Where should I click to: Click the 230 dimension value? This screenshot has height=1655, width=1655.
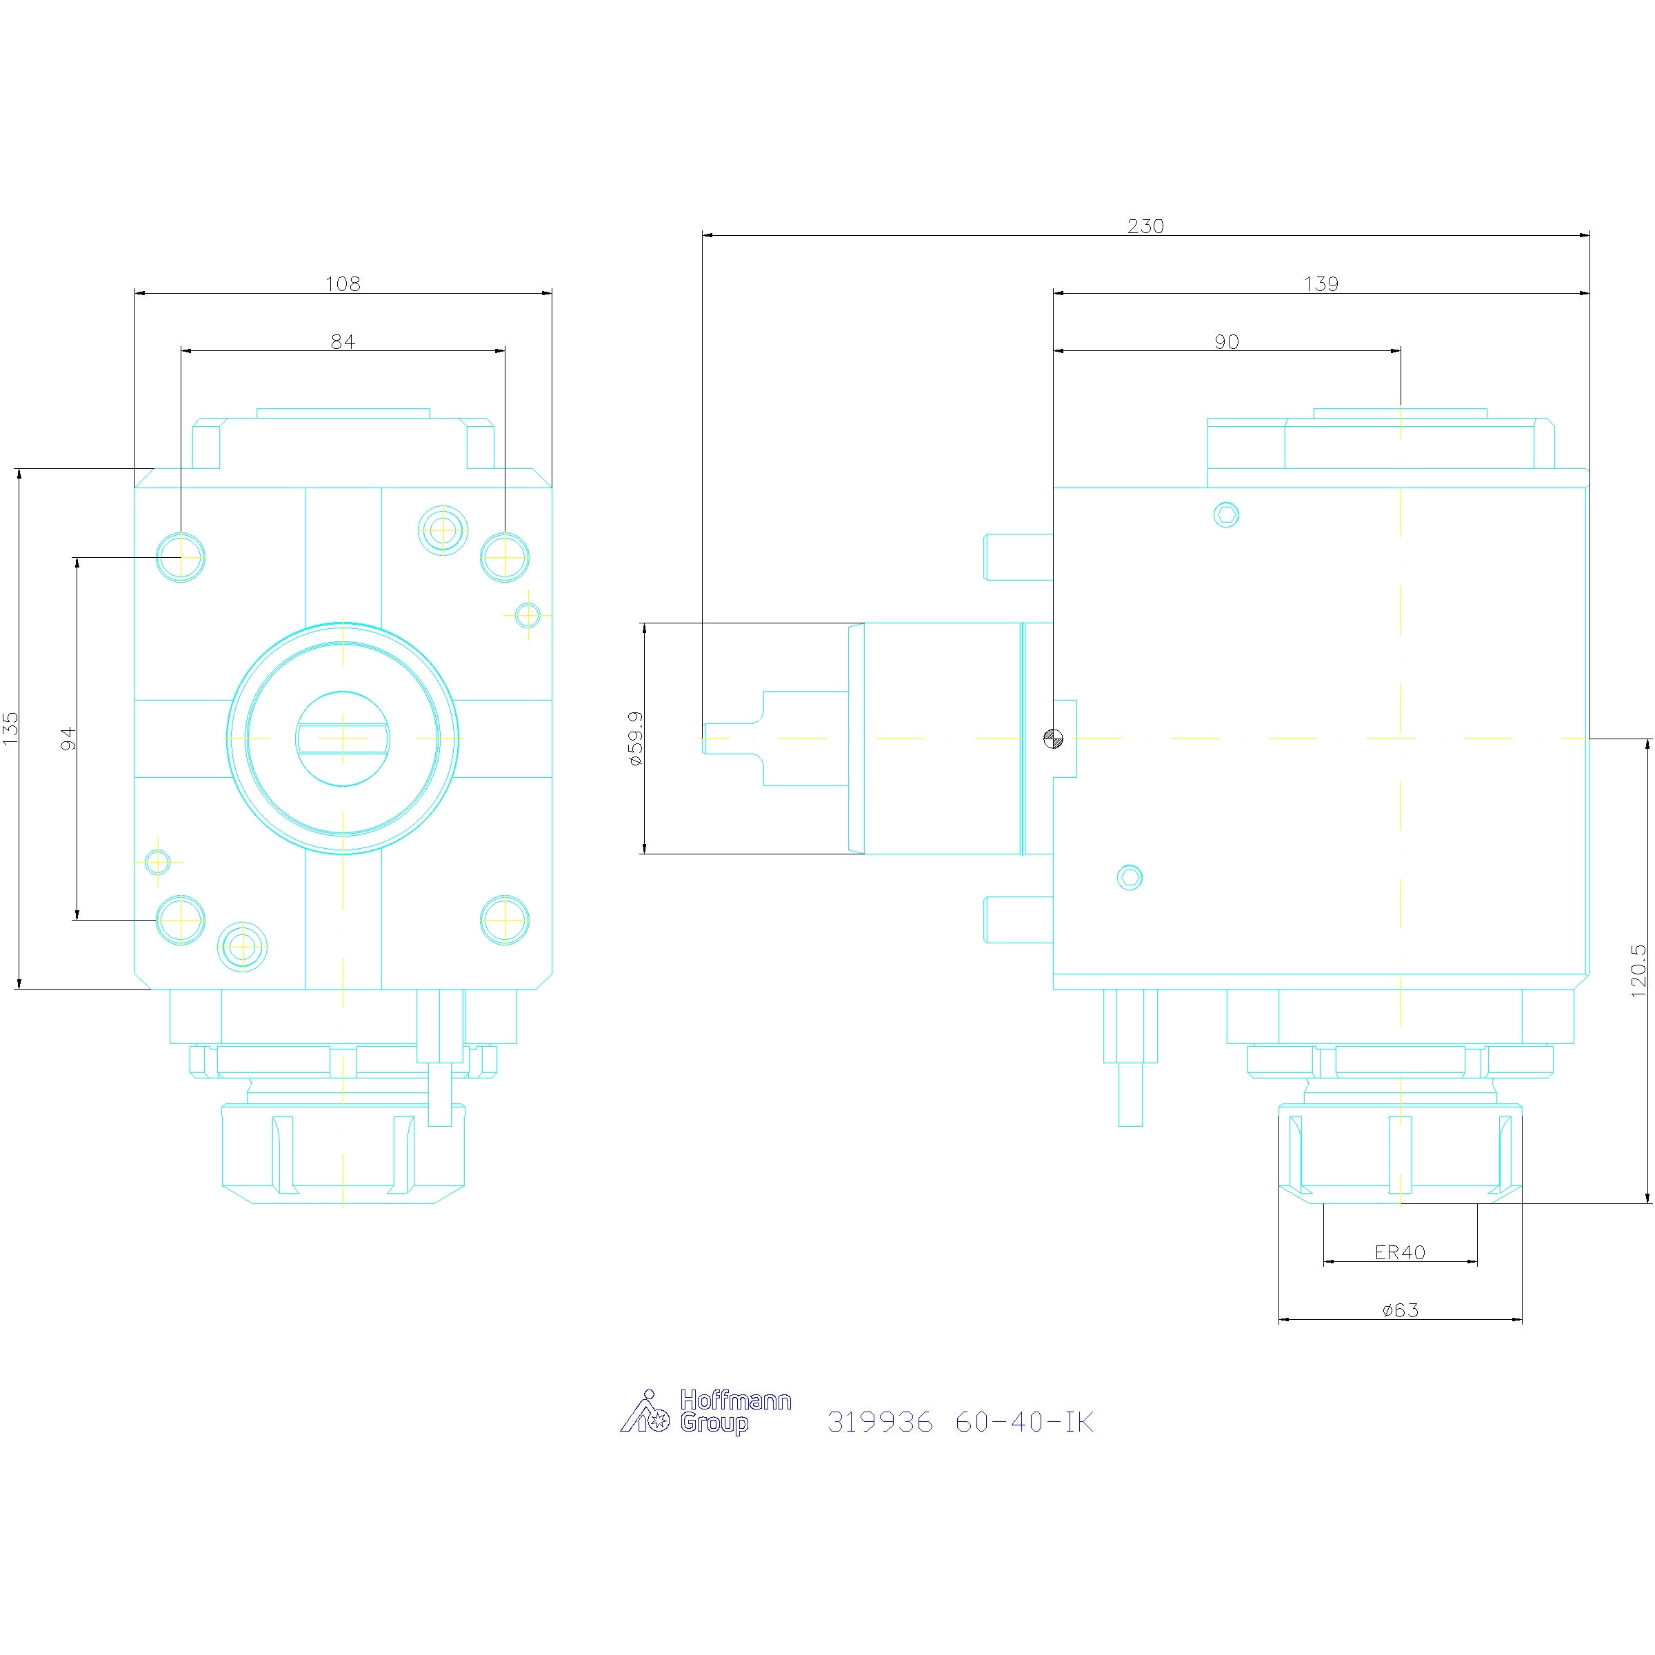(1145, 226)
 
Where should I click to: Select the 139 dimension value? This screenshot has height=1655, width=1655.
(1321, 284)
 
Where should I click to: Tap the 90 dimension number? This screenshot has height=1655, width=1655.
(1227, 342)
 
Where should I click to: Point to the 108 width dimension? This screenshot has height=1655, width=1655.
(343, 283)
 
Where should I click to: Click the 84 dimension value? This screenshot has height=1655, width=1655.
(343, 342)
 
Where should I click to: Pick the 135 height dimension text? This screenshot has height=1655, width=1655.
(11, 728)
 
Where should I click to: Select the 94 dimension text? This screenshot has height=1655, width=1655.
(68, 739)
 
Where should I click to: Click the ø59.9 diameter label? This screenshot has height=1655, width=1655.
(636, 738)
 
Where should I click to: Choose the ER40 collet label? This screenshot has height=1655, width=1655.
(1400, 1252)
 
